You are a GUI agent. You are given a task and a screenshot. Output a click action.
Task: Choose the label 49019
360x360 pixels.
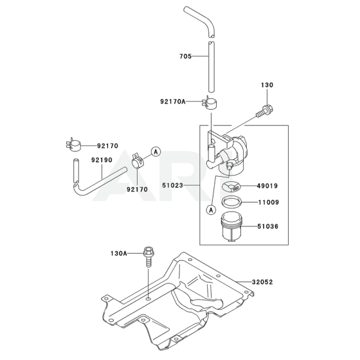[269, 187]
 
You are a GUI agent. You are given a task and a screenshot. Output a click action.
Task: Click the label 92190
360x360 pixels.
[102, 159]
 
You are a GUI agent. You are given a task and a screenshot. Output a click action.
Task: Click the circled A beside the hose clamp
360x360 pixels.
[156, 152]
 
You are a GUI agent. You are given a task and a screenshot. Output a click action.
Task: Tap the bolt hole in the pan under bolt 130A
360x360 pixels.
[149, 299]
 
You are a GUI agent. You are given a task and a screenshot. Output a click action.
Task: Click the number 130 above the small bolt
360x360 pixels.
[267, 85]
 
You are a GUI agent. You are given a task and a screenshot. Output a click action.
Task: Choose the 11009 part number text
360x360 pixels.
[269, 203]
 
